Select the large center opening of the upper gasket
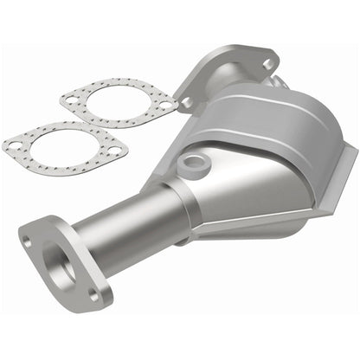click(x=119, y=102)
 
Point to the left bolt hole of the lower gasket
click(x=14, y=145)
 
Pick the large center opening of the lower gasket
click(x=61, y=147)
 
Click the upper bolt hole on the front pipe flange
click(x=29, y=241)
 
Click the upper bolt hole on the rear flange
click(x=267, y=63)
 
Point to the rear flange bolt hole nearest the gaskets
click(x=187, y=102)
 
